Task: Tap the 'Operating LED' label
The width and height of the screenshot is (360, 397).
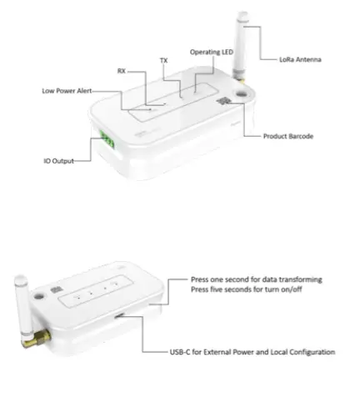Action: pos(211,52)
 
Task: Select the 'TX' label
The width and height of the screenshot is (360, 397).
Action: pos(163,61)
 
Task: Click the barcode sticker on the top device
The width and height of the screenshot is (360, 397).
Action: pos(224,100)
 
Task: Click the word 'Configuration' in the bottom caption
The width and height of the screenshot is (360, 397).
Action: pos(311,352)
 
